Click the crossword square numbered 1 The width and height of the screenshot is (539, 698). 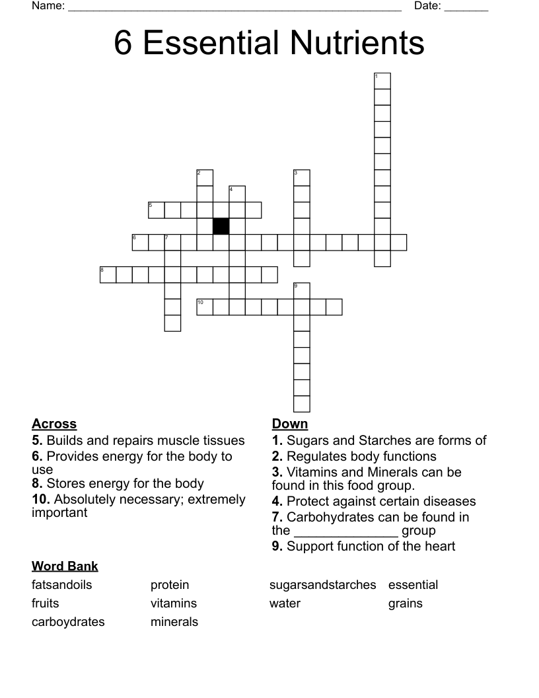(x=382, y=81)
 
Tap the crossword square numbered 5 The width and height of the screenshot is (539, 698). (x=157, y=210)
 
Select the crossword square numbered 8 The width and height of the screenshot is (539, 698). (x=108, y=274)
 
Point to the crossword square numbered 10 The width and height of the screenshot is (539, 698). (x=205, y=307)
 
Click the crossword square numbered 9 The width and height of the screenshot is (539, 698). (x=302, y=291)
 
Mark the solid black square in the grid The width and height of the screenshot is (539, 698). (x=221, y=226)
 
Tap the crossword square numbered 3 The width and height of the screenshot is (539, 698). (x=302, y=178)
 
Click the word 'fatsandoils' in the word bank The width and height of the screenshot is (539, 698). (x=62, y=585)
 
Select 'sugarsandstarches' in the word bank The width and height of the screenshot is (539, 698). (x=322, y=585)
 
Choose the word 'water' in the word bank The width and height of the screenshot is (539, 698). (x=285, y=603)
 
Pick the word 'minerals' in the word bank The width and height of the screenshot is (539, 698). (x=174, y=622)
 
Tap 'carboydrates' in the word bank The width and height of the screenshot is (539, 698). (x=68, y=622)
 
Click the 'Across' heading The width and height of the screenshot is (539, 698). (x=54, y=424)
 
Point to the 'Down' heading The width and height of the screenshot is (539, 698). (x=290, y=424)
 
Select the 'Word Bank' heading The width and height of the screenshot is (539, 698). (x=65, y=566)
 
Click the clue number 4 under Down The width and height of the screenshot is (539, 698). (x=277, y=501)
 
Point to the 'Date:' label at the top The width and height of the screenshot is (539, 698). (x=427, y=7)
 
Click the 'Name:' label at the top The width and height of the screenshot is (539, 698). (x=48, y=7)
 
